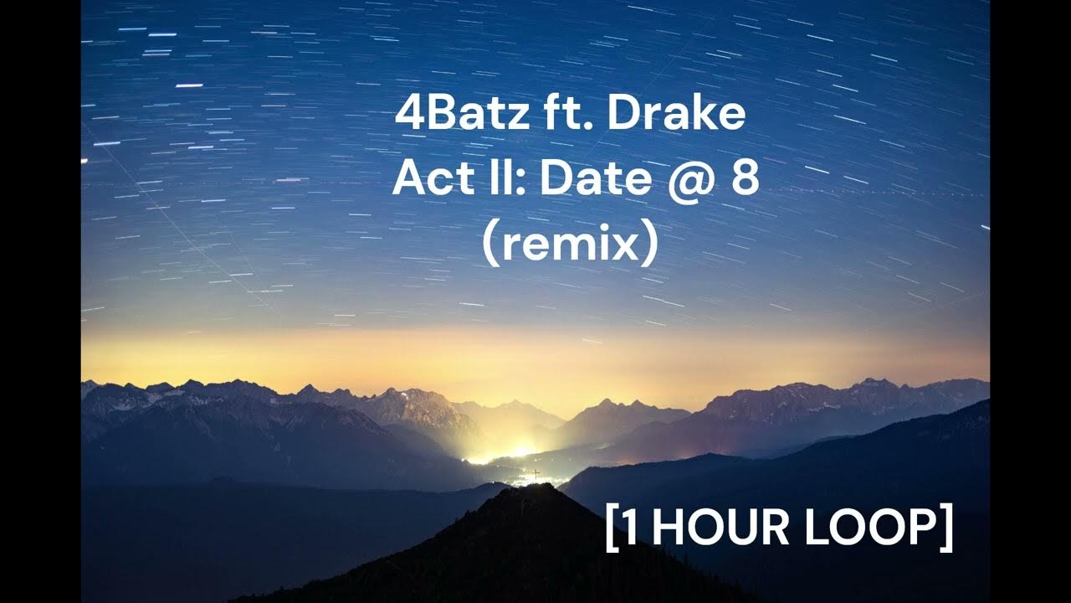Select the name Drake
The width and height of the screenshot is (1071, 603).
(x=675, y=115)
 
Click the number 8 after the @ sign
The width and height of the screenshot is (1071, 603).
(x=744, y=179)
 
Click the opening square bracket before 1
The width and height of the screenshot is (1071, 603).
(x=611, y=528)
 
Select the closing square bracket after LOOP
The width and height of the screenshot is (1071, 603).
(x=945, y=528)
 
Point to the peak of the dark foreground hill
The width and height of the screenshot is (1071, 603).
(x=535, y=486)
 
